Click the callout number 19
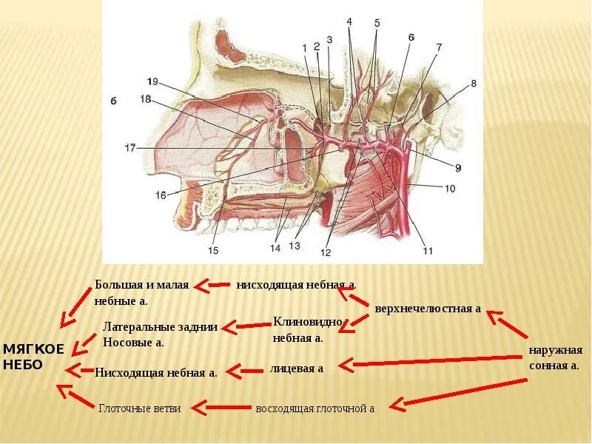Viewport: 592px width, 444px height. [153, 81]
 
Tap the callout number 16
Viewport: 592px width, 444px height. [161, 195]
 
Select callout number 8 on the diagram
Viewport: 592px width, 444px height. [474, 84]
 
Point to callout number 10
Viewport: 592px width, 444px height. [449, 189]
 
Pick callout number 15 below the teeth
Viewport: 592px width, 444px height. [213, 251]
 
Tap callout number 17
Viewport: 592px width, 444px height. [130, 148]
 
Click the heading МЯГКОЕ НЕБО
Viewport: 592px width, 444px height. [33, 356]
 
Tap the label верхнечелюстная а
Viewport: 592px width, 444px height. [428, 308]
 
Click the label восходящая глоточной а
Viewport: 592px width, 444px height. [314, 408]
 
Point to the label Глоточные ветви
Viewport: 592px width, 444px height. [140, 408]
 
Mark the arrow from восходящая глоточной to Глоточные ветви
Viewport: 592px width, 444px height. [226, 406]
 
